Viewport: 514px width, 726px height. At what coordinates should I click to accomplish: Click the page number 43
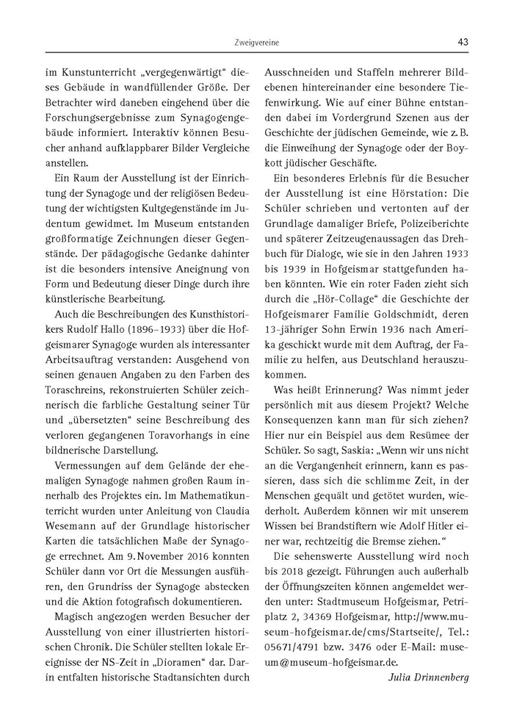click(x=462, y=42)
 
